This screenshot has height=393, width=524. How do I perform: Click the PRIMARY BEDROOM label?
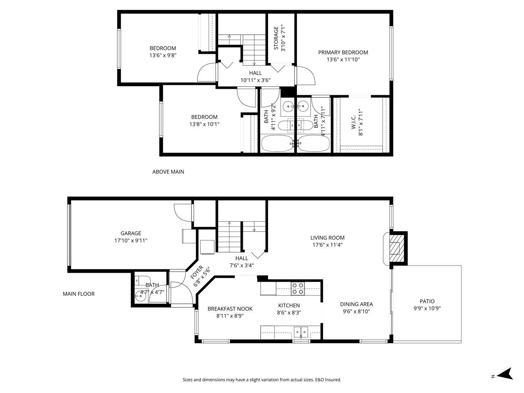coord(343,52)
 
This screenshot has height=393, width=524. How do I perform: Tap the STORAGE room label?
coord(276,38)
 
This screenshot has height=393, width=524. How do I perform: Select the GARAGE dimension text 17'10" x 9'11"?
coord(131,241)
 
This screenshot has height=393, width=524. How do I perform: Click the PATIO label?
coord(427,301)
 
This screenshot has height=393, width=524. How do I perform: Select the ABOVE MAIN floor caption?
coord(168,172)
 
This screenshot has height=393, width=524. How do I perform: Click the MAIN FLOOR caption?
coord(79,294)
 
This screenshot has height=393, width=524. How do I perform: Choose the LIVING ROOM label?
coord(327,238)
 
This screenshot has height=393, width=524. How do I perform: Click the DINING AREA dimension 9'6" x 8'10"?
coord(356,311)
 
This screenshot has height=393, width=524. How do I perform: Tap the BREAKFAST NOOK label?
coord(230,309)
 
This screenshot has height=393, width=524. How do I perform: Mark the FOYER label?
coord(197,272)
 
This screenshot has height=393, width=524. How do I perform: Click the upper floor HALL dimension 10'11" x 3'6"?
coord(255,80)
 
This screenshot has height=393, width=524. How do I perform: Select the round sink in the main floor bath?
coord(140,297)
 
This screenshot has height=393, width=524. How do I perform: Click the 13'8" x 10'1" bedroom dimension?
coord(204,124)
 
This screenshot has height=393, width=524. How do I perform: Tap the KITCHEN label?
coord(289,305)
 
